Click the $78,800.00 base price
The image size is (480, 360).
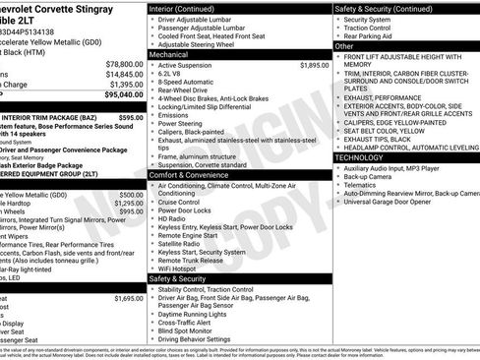125,63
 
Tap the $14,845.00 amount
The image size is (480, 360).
125,74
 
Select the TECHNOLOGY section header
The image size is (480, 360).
365,156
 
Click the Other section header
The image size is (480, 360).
345,46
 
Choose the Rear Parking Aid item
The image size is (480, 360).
370,36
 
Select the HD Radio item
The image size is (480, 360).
173,217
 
